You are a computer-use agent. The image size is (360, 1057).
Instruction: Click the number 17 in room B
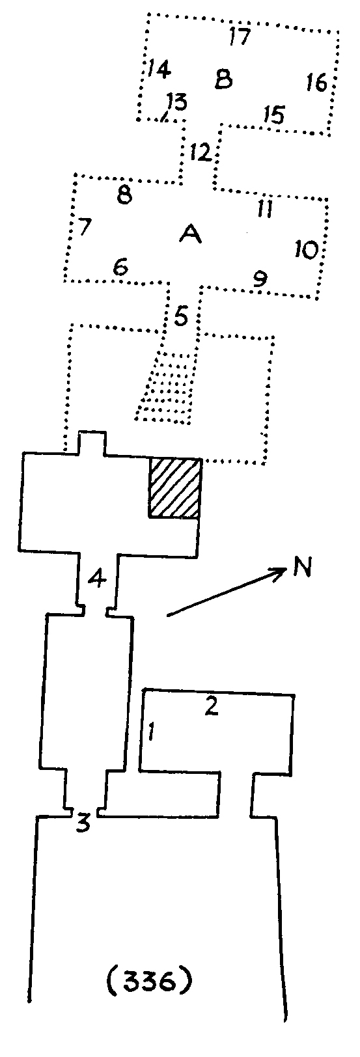pyautogui.click(x=240, y=36)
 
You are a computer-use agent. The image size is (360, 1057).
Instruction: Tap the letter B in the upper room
pyautogui.click(x=224, y=79)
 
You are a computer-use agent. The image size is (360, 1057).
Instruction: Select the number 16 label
pyautogui.click(x=316, y=83)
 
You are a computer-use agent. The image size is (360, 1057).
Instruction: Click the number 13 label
pyautogui.click(x=176, y=102)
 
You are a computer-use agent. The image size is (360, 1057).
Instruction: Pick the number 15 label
pyautogui.click(x=274, y=115)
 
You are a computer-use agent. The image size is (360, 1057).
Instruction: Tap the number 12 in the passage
pyautogui.click(x=201, y=152)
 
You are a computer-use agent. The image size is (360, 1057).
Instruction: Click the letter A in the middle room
pyautogui.click(x=191, y=234)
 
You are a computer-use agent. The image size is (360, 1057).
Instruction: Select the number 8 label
pyautogui.click(x=124, y=195)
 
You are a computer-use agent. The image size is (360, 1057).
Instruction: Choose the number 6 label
pyautogui.click(x=121, y=268)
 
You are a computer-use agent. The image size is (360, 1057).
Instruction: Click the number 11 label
pyautogui.click(x=265, y=208)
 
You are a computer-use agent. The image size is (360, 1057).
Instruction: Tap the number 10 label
pyautogui.click(x=307, y=249)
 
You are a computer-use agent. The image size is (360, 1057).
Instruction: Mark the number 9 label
pyautogui.click(x=260, y=279)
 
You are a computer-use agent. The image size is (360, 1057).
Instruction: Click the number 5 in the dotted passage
pyautogui.click(x=181, y=316)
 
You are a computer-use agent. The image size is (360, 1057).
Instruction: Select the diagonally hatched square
pyautogui.click(x=175, y=487)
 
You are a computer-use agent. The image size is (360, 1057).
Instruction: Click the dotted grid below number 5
pyautogui.click(x=166, y=387)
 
